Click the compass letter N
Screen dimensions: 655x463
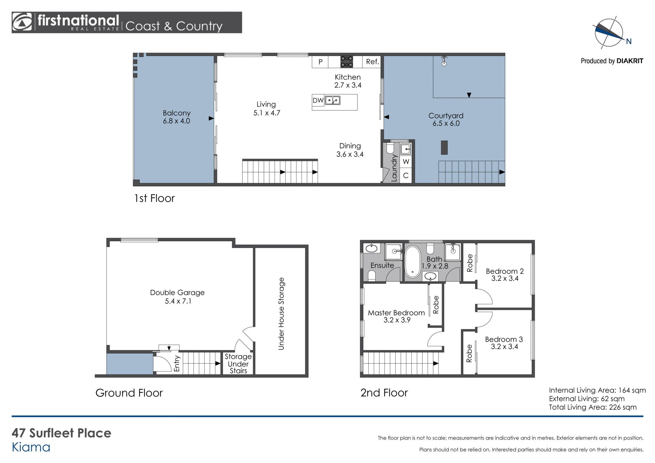tap(629, 41)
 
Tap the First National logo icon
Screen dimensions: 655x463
tap(22, 22)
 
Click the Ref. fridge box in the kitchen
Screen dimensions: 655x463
tap(372, 62)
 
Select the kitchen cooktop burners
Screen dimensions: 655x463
tap(347, 62)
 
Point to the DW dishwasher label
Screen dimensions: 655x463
tap(318, 100)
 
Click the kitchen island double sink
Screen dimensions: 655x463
tap(332, 100)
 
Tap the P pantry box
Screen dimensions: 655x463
tap(320, 62)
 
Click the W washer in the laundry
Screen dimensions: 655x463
tap(406, 162)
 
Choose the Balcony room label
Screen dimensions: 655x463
tap(176, 117)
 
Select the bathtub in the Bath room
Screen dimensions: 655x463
tap(413, 262)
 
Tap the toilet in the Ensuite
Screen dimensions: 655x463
tap(372, 276)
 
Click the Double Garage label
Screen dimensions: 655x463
tap(177, 296)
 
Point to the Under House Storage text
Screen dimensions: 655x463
tap(281, 314)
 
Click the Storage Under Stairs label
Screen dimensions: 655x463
tap(238, 364)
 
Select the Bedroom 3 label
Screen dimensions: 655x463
tap(504, 343)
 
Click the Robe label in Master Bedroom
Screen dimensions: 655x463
tap(436, 305)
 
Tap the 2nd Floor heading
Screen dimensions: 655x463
tap(384, 393)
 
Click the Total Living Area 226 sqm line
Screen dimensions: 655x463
tap(593, 407)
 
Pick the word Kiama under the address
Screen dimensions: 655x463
tap(31, 447)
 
